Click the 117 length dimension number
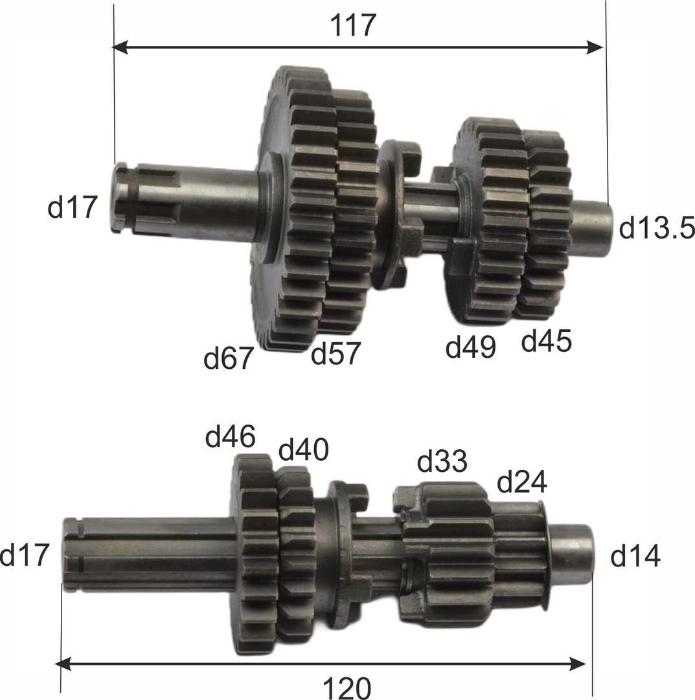(353, 25)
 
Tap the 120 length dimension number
(347, 688)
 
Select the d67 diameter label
(229, 358)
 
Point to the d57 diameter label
(336, 353)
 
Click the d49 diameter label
(471, 346)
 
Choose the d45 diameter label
(547, 341)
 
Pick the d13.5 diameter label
(657, 227)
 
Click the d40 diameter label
(304, 449)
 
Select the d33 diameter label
(442, 461)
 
